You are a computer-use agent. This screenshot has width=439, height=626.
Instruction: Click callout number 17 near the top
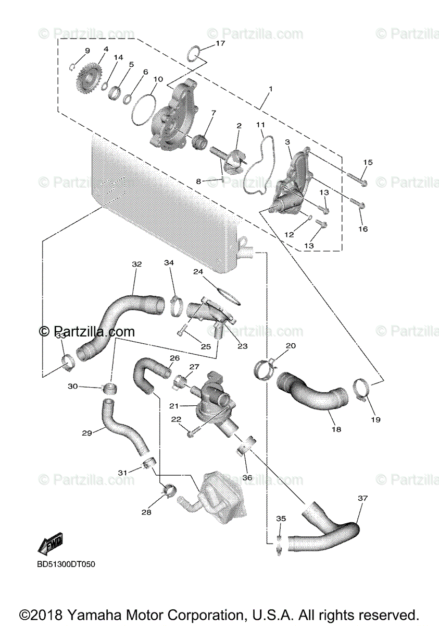coord(220,43)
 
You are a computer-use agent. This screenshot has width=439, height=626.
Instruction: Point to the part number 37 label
coord(362,498)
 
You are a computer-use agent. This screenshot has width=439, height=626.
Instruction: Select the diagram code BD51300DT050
coord(66,564)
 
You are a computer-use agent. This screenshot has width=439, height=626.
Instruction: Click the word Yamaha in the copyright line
coord(120,615)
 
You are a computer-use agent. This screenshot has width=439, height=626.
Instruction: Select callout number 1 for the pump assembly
coord(270,89)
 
